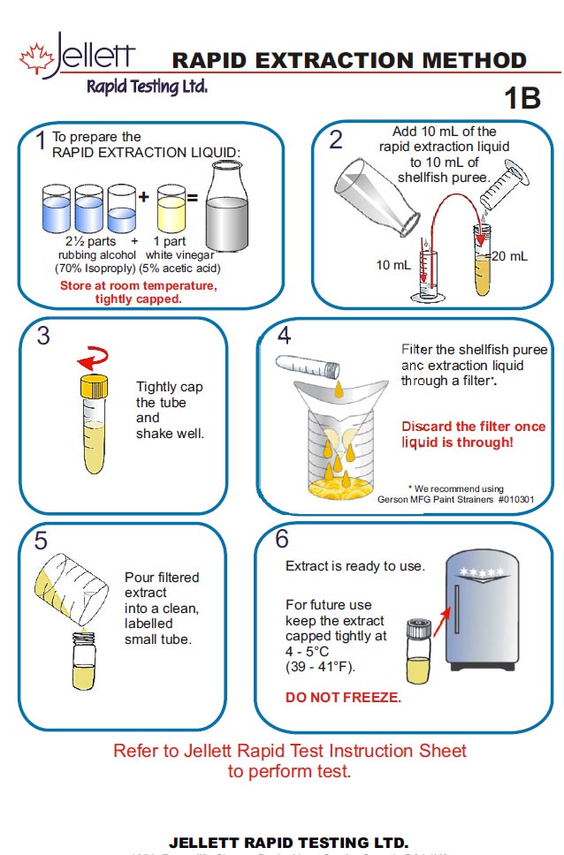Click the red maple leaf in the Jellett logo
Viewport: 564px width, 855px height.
tap(35, 58)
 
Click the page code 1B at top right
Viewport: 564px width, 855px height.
tap(522, 98)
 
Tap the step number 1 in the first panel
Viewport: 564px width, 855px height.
tap(40, 141)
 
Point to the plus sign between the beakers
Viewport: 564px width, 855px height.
tap(143, 198)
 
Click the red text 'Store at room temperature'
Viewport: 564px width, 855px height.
tap(138, 286)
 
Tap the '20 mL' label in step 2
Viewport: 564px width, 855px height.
tap(509, 256)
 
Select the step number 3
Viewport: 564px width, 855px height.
tap(42, 338)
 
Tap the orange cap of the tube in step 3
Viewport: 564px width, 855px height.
tap(93, 385)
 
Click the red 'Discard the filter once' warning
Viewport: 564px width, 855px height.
tap(474, 427)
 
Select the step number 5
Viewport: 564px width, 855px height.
tap(41, 541)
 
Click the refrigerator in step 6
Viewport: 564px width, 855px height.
tap(492, 627)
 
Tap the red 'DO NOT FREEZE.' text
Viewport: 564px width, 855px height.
tap(343, 698)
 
